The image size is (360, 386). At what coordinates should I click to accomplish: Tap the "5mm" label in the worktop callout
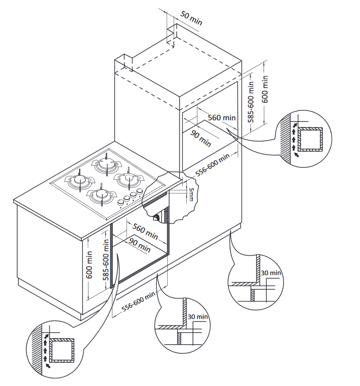click(x=191, y=194)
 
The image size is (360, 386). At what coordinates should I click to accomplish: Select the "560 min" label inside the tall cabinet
click(x=222, y=117)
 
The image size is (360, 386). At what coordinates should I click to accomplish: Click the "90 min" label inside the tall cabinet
click(x=201, y=137)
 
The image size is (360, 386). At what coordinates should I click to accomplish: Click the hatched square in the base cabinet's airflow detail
click(x=62, y=350)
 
